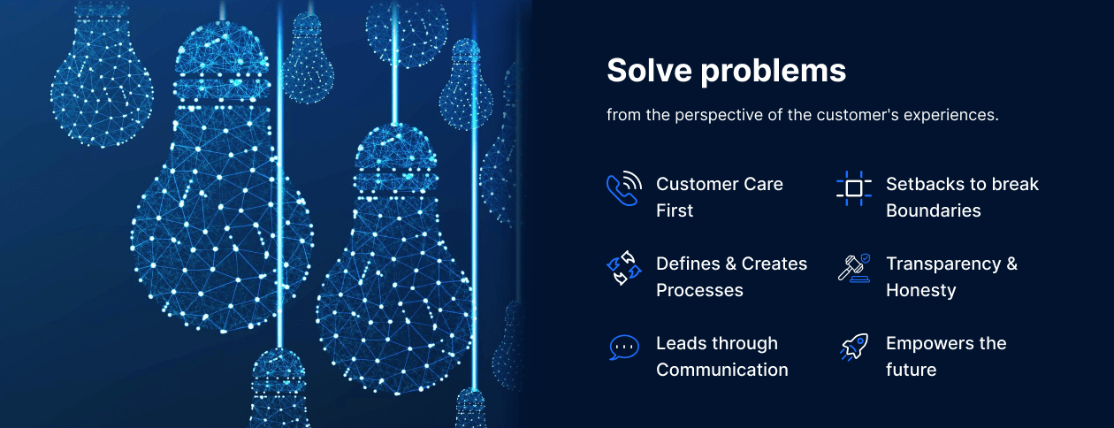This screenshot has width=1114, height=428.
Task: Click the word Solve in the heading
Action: [x=649, y=70]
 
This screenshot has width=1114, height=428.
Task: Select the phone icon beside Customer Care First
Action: [x=624, y=188]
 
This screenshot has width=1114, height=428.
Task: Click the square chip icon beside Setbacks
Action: [x=854, y=188]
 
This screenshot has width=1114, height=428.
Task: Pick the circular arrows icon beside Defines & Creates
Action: [x=624, y=268]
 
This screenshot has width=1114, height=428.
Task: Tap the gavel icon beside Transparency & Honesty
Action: [x=854, y=268]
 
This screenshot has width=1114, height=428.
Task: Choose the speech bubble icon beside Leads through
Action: [x=624, y=347]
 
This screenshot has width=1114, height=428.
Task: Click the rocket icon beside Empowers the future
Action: [x=854, y=347]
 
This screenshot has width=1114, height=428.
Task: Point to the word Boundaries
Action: [x=934, y=210]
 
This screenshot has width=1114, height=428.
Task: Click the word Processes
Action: [x=699, y=290]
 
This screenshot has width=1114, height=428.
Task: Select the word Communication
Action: [x=722, y=370]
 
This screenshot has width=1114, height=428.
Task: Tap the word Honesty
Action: [x=921, y=291]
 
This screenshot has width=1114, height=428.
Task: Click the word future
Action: [x=911, y=370]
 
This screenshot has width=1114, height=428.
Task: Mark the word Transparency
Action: [x=943, y=264]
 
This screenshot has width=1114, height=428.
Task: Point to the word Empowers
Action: [x=926, y=344]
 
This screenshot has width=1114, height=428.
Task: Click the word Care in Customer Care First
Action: [x=763, y=184]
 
